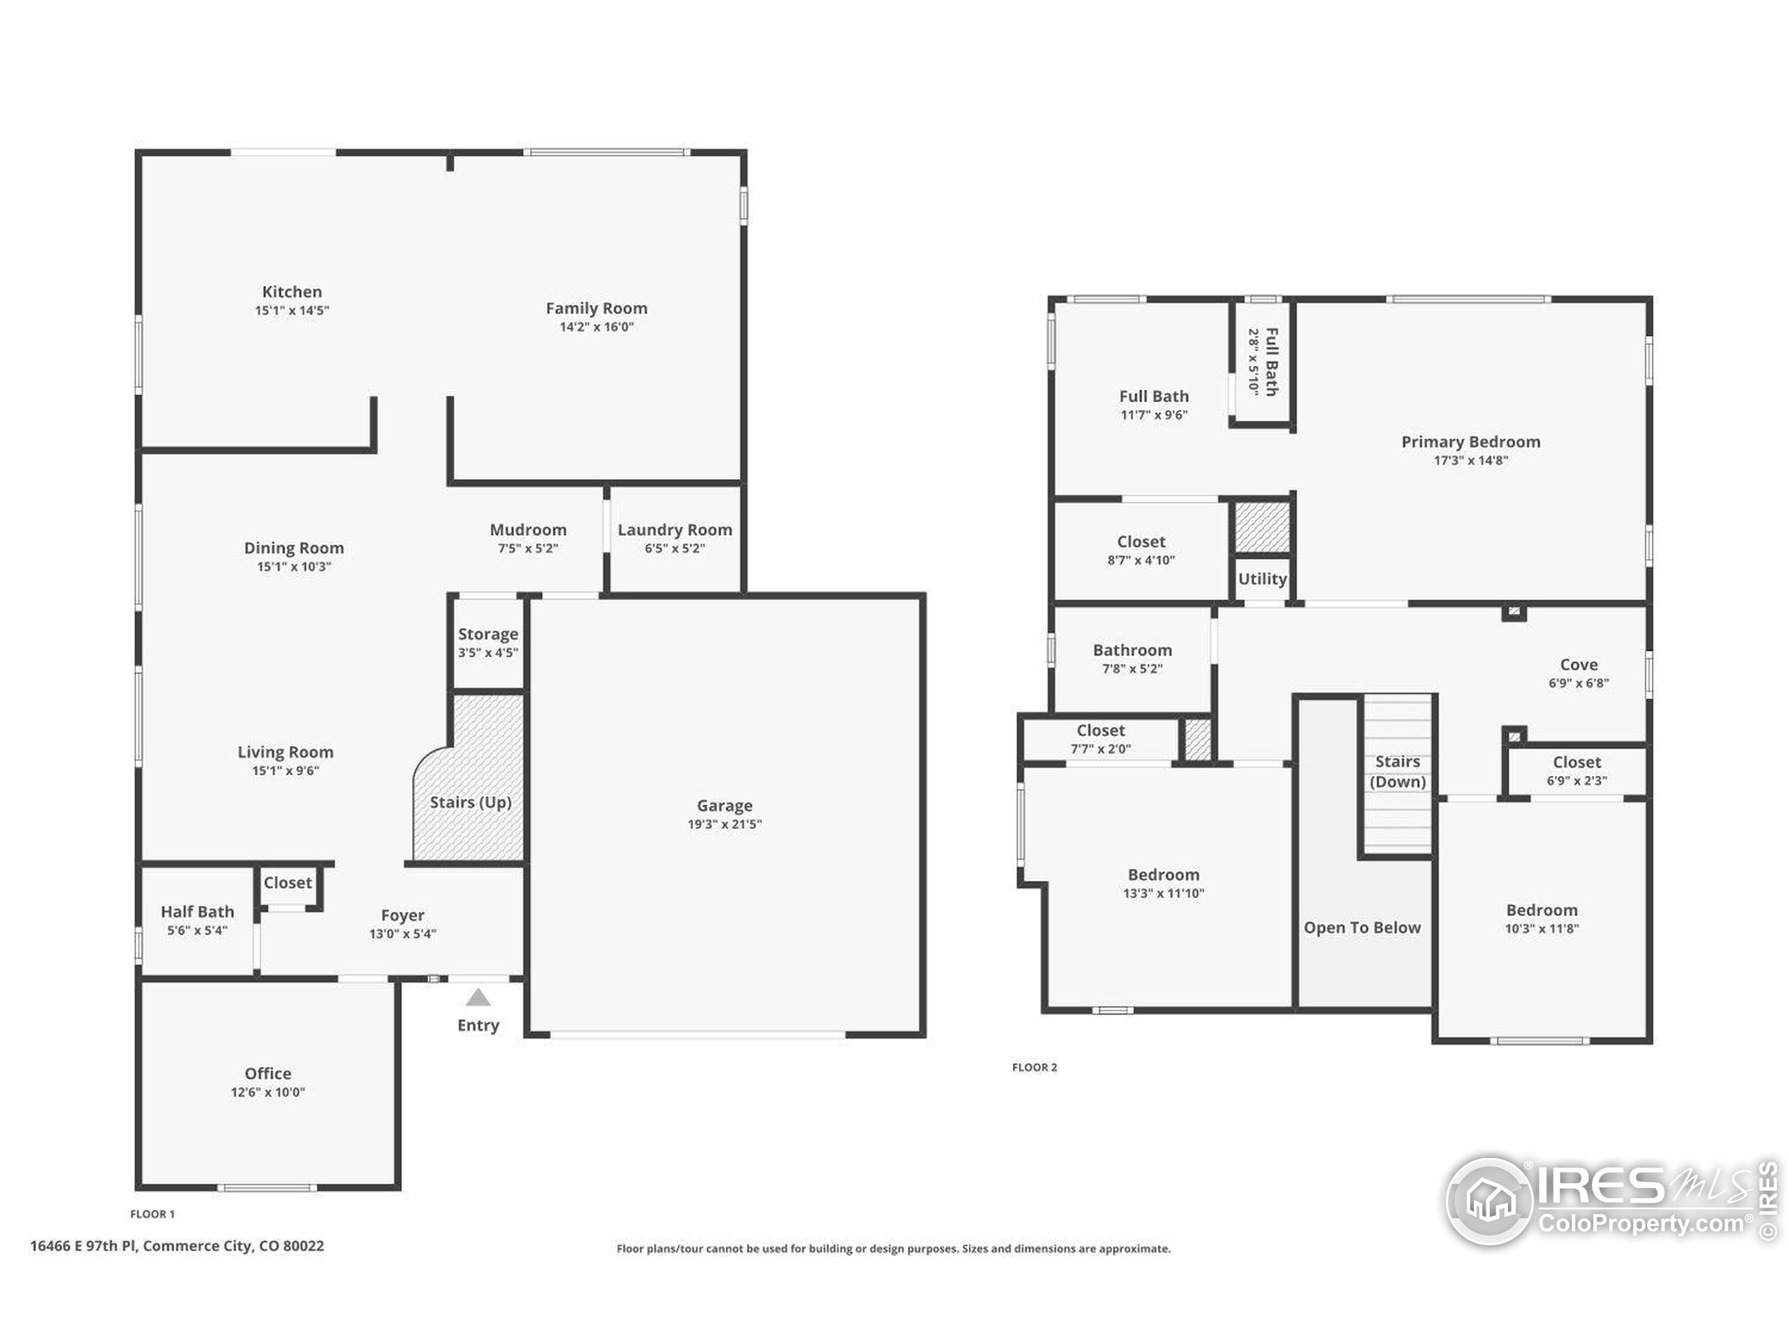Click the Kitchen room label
(x=292, y=292)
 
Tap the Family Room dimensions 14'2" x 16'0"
(x=596, y=327)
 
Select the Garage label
(x=724, y=806)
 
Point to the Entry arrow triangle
(x=478, y=997)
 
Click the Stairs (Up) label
(x=471, y=802)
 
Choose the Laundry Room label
(x=675, y=530)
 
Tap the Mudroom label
(x=528, y=530)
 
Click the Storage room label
(x=488, y=634)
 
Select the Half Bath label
(x=197, y=911)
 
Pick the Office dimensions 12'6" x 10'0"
(x=268, y=1092)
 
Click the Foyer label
(x=402, y=916)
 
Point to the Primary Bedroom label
(x=1470, y=442)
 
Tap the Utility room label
(x=1262, y=579)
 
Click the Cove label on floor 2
(x=1578, y=664)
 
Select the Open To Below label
(x=1362, y=928)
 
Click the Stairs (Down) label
(x=1398, y=772)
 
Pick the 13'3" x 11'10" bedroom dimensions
(x=1163, y=893)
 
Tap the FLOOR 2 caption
(x=1034, y=1067)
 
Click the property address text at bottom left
(x=177, y=1245)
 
